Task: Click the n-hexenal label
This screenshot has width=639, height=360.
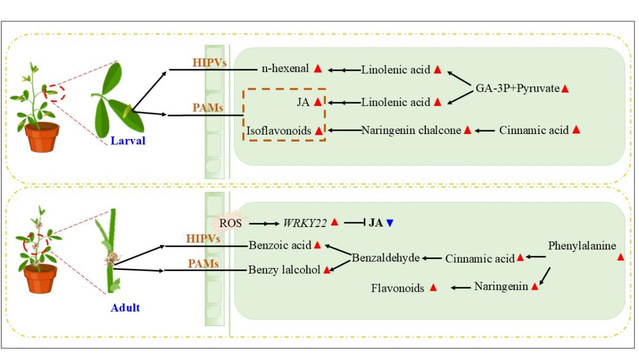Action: (x=285, y=68)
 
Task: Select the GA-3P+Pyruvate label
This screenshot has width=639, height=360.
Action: (x=518, y=88)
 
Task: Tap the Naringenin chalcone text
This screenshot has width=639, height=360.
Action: (x=411, y=130)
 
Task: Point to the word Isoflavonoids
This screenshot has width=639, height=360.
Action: (x=279, y=130)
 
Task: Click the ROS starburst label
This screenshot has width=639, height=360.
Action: (x=230, y=223)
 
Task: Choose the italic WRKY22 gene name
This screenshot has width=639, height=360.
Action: (x=305, y=223)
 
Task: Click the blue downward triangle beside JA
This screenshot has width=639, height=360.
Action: (x=390, y=223)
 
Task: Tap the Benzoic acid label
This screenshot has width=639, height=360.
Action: (x=280, y=245)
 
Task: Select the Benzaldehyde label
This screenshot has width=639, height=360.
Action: (x=386, y=258)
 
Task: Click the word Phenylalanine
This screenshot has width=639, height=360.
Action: (x=582, y=246)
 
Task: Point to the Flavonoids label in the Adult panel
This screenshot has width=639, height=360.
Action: (x=397, y=288)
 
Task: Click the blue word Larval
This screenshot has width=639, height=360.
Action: (x=128, y=141)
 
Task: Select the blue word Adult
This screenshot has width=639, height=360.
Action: (x=125, y=307)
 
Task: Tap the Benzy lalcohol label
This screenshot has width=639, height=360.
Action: (x=284, y=269)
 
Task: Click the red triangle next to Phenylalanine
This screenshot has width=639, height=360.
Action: (x=620, y=257)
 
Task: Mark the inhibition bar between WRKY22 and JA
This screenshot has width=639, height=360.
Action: (x=355, y=223)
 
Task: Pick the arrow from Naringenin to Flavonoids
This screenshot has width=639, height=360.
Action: (x=461, y=288)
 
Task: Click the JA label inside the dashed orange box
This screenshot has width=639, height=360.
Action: (x=303, y=102)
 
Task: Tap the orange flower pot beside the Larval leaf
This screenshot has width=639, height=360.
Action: (x=42, y=137)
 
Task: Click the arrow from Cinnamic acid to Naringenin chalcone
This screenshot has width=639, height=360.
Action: (x=485, y=130)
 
